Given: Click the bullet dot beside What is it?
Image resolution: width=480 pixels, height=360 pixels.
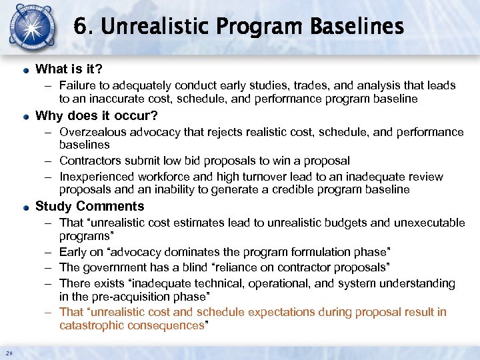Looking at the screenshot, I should (25, 69).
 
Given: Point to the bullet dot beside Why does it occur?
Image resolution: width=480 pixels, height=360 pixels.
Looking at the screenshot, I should (25, 116).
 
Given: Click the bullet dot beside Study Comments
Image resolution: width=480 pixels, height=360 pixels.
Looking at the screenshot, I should (25, 207).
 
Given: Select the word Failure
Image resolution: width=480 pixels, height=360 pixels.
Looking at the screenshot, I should (78, 85).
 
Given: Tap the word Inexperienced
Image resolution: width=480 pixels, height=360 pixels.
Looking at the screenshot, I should (96, 177).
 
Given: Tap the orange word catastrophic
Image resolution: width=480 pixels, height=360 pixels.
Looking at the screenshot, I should (90, 325).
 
